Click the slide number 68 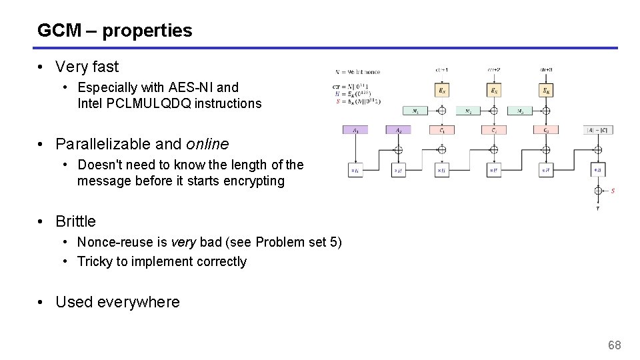pos(614,345)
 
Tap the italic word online pos(207,144)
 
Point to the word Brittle pos(75,221)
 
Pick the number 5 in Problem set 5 pos(337,242)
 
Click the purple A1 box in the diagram pos(356,130)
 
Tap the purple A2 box pos(398,130)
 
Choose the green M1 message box pos(415,111)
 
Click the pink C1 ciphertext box pos(441,130)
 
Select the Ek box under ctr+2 pos(493,89)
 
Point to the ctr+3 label pos(546,69)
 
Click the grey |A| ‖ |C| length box pos(597,130)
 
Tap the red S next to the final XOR pos(613,191)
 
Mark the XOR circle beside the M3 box pos(546,111)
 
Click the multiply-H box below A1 pos(356,171)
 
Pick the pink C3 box pos(546,130)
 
